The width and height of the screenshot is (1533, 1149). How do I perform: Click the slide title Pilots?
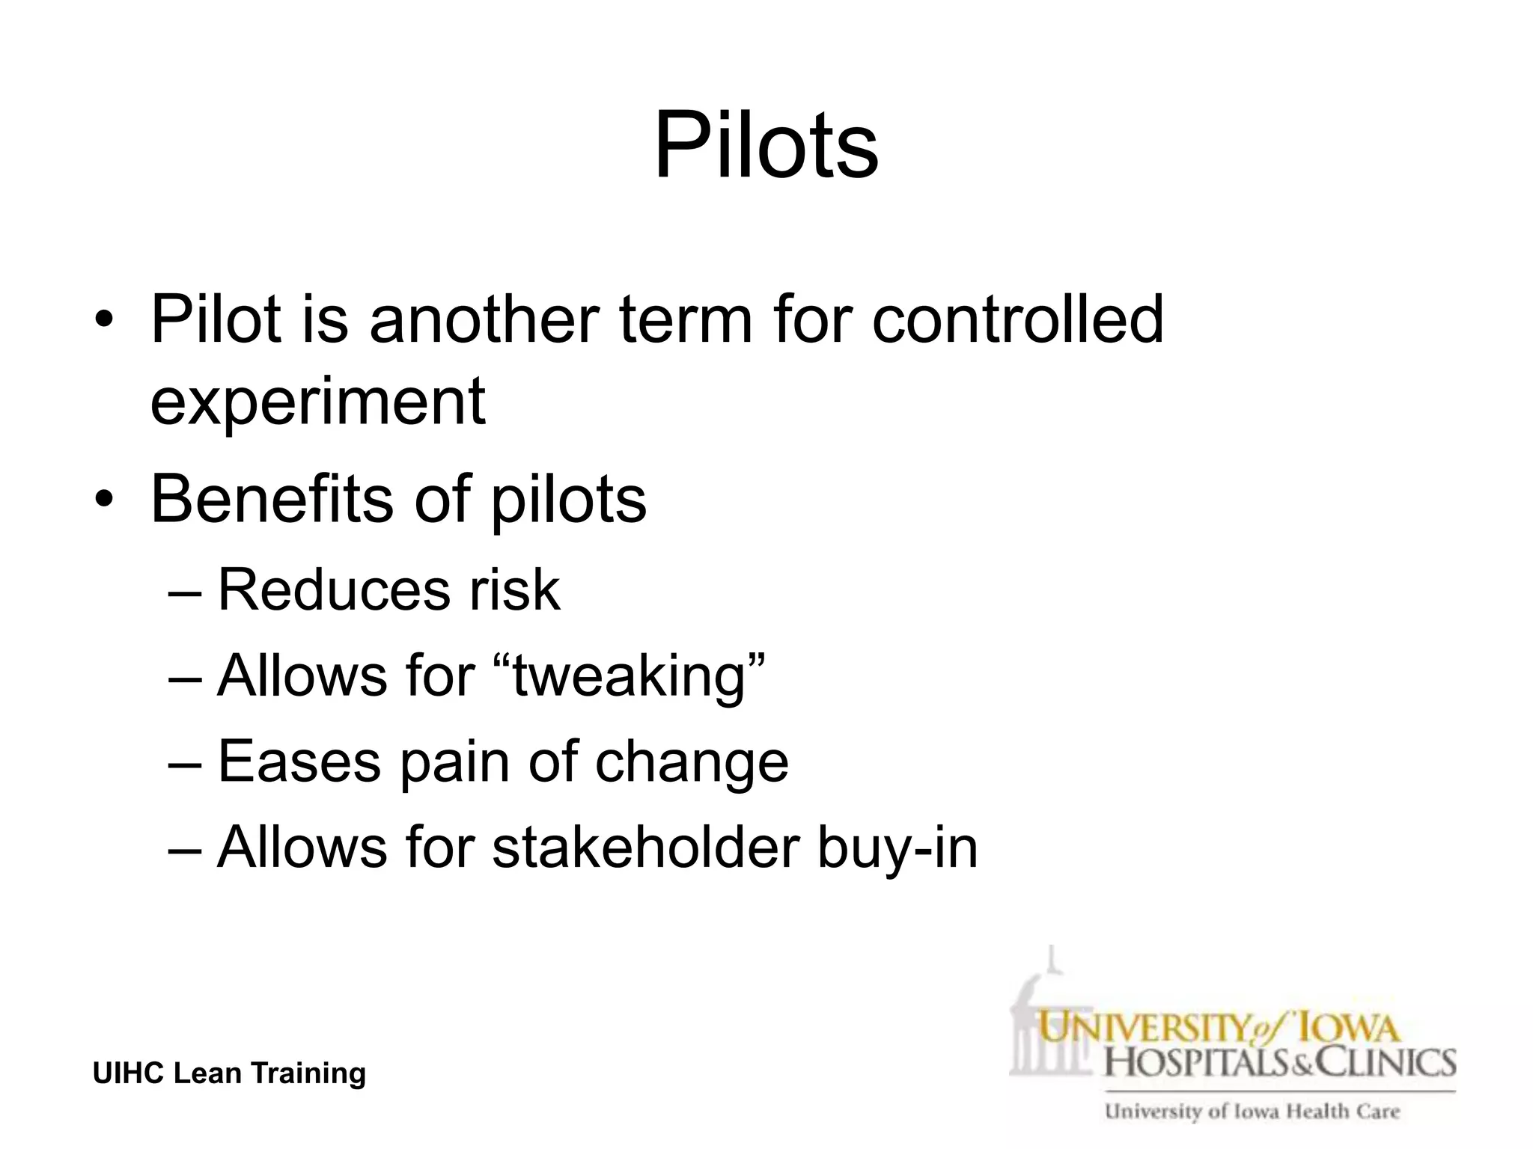766,145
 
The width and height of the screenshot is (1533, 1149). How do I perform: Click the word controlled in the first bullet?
1017,320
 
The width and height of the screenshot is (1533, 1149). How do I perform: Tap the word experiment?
318,402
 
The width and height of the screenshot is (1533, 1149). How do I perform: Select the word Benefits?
272,499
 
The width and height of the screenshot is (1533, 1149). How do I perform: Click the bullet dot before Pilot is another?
104,322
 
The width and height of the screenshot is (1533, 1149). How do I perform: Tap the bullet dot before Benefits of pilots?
104,500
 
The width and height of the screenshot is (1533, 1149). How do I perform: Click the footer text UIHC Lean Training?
229,1073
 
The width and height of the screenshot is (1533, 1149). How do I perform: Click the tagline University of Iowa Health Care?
1252,1112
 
